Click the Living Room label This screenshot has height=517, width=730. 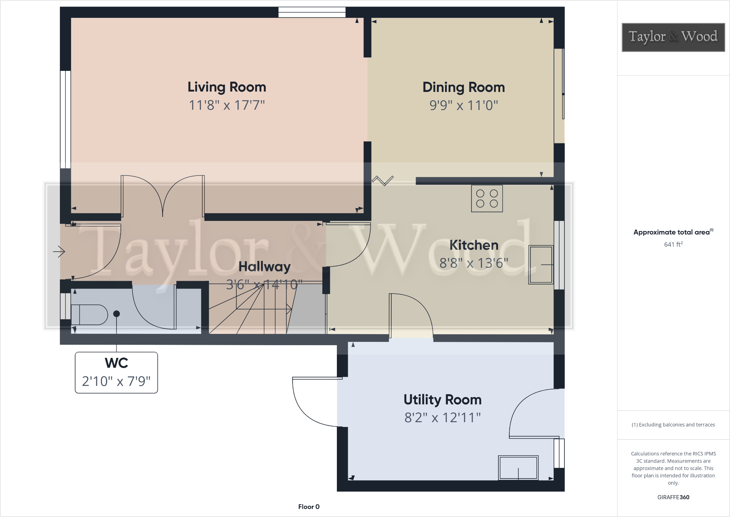click(227, 87)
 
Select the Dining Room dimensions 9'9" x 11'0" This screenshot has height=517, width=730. click(464, 105)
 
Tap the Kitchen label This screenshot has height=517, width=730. click(474, 245)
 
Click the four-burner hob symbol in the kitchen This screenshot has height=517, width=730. click(487, 198)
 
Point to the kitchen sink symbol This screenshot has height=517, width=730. click(541, 264)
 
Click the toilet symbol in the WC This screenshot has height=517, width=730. click(89, 315)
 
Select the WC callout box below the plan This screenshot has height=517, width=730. click(117, 372)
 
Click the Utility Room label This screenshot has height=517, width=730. click(443, 400)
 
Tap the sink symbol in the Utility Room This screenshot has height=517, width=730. click(518, 468)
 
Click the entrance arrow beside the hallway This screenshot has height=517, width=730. click(59, 251)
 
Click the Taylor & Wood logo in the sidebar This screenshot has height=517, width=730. click(673, 37)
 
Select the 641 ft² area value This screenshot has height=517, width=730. click(673, 245)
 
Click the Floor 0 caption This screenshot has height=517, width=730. click(309, 507)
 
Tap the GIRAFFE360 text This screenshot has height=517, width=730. click(673, 497)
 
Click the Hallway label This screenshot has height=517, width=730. click(264, 267)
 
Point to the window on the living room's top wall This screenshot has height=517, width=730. click(312, 12)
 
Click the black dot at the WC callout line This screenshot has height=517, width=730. click(117, 314)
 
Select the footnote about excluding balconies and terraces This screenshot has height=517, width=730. click(673, 425)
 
